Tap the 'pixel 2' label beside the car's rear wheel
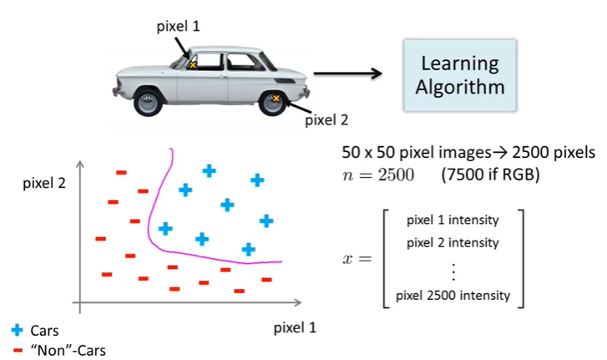click(x=326, y=119)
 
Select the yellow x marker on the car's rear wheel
click(x=276, y=99)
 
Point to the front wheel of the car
click(x=149, y=102)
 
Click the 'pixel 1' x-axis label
click(x=295, y=327)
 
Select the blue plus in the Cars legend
click(x=18, y=330)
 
